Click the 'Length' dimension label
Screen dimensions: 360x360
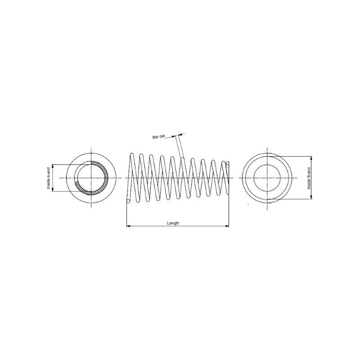pos(173,223)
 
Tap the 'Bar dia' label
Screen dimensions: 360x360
pos(159,137)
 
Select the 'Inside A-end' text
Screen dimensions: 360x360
pos(49,178)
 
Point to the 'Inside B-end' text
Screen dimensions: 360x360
pos(309,178)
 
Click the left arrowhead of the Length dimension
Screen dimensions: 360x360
pos(128,226)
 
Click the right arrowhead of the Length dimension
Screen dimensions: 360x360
pos(227,226)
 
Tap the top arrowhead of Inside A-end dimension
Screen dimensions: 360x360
pos(53,166)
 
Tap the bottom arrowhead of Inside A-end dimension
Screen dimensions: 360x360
pos(53,189)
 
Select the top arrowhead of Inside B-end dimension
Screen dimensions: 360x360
pos(311,158)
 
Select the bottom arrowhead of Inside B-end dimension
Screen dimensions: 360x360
pos(311,197)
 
